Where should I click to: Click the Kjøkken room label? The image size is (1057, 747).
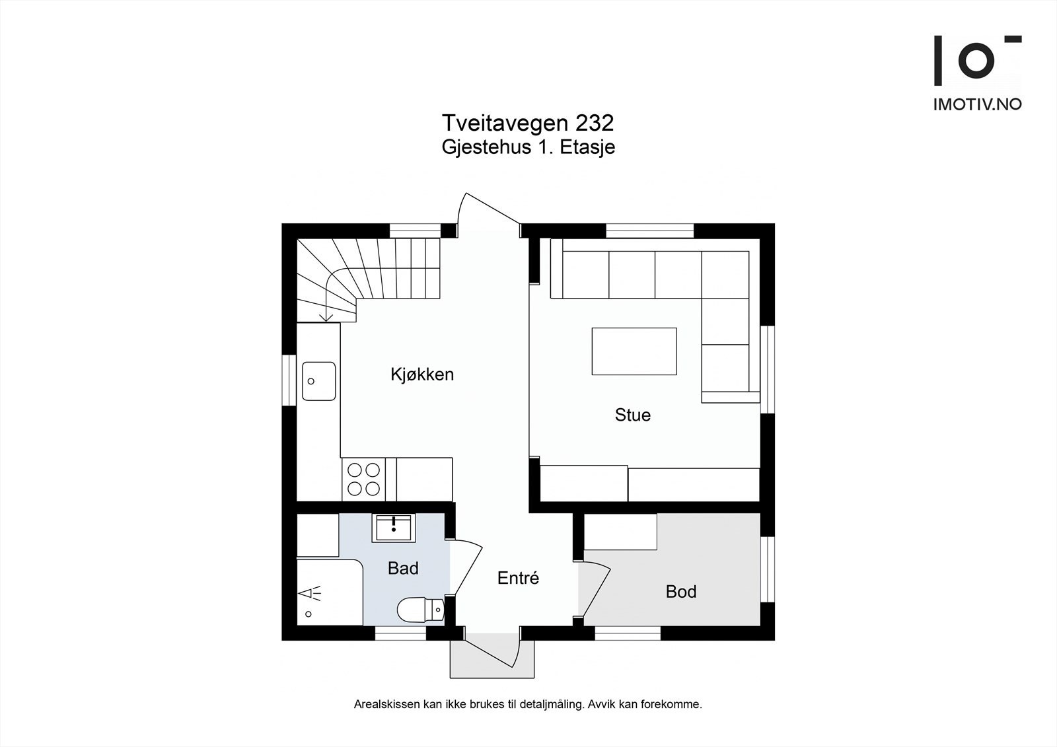click(421, 374)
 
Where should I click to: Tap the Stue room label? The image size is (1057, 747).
click(632, 415)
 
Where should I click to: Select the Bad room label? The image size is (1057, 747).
click(403, 568)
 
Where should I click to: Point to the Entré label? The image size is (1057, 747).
click(518, 578)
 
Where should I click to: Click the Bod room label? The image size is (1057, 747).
click(680, 591)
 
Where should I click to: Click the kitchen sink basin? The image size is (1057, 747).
click(319, 381)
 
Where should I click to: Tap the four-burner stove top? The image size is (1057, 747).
click(364, 480)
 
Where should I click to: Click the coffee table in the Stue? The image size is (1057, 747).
click(634, 351)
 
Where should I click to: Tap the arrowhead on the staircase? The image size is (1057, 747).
click(326, 318)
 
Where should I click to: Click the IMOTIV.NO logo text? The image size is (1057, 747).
click(977, 104)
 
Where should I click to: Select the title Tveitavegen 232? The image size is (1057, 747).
click(528, 123)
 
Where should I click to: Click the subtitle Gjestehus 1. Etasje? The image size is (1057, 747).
click(528, 147)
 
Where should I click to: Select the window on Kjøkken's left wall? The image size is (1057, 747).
click(289, 380)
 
